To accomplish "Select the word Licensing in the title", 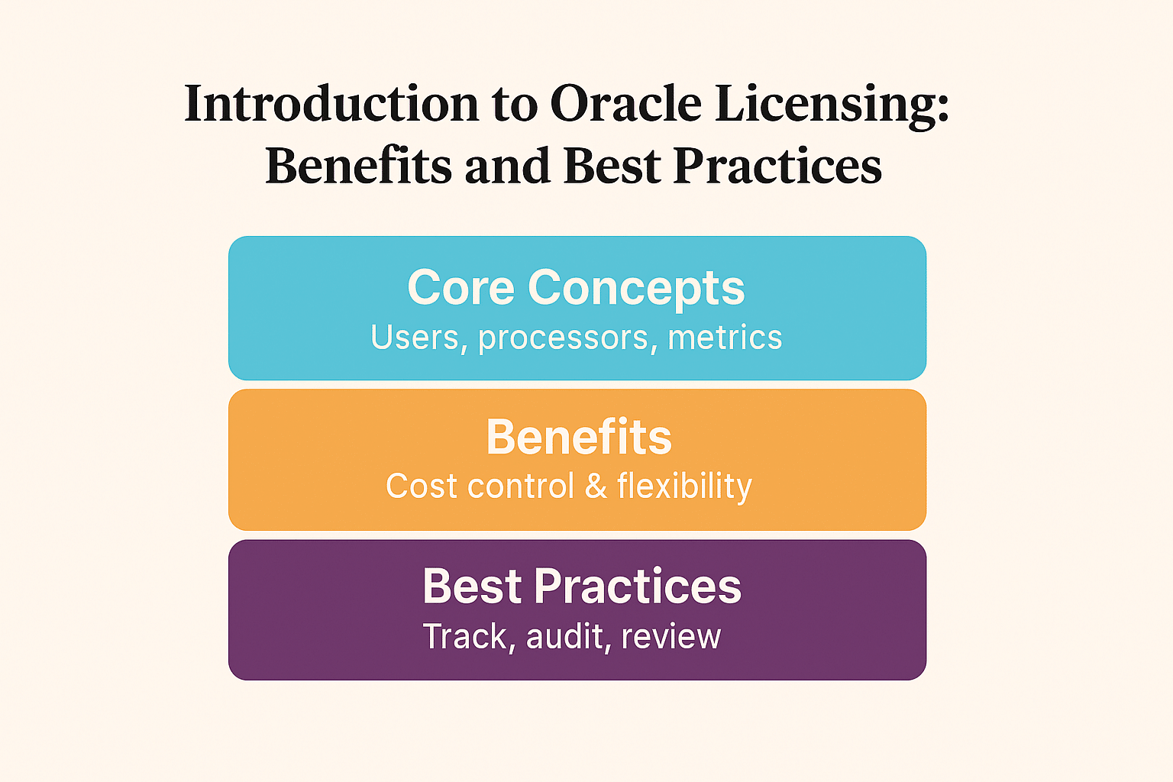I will click(832, 105).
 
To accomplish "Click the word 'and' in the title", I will click(507, 166).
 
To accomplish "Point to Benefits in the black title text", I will click(358, 166).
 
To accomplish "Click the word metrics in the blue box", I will click(725, 338).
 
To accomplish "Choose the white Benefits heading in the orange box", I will click(579, 438).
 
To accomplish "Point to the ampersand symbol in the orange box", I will click(596, 486).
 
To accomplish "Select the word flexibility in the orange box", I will click(684, 487).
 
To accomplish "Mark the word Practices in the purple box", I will click(638, 586).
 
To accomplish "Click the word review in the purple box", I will click(671, 637).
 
